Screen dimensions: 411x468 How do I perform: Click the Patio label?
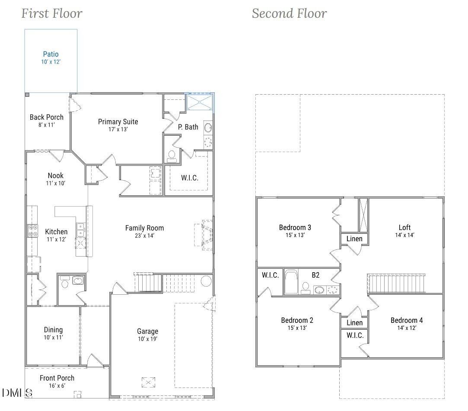(51, 54)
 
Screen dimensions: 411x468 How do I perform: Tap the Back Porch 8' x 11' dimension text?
(46, 125)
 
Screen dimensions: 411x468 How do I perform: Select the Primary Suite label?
(118, 121)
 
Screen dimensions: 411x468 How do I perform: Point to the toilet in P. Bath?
(172, 156)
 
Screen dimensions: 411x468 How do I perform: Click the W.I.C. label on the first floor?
(190, 178)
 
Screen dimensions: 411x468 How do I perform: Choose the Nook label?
(56, 175)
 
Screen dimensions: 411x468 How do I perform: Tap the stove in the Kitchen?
(32, 231)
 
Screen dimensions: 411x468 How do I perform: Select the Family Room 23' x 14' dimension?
(144, 236)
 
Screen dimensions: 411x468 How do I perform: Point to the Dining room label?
(53, 330)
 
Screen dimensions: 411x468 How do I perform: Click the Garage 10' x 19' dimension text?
(147, 339)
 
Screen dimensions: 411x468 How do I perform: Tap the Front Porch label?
(57, 378)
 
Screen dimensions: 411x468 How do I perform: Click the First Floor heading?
(52, 13)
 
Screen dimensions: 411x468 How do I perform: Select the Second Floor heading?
(289, 13)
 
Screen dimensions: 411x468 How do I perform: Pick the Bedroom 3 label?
(295, 227)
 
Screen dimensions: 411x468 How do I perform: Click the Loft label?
(404, 227)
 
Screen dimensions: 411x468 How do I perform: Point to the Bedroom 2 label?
(297, 320)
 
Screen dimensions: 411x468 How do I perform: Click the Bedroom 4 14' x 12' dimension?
(407, 328)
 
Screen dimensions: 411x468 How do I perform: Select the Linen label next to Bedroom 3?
(355, 239)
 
